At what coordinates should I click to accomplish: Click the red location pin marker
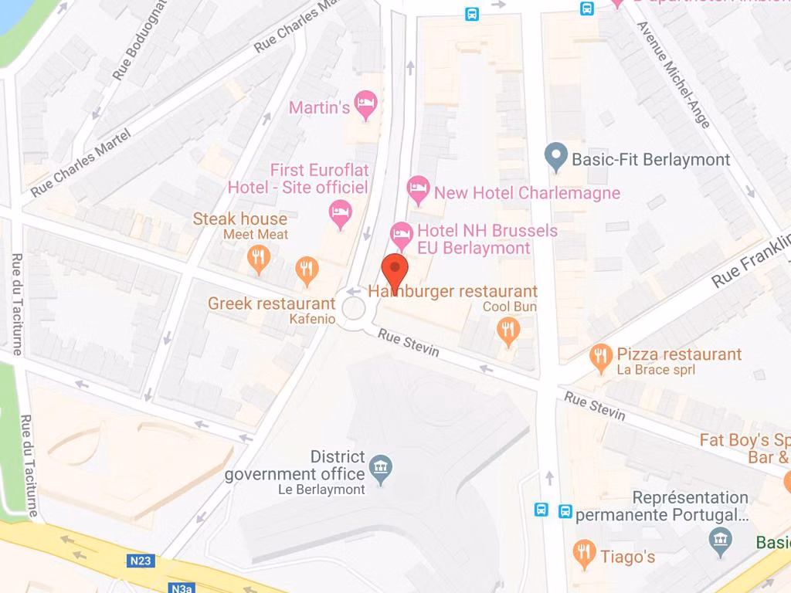coord(395,271)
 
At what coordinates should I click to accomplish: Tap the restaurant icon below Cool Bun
coord(508,330)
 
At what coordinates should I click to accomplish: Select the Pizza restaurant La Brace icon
coord(600,357)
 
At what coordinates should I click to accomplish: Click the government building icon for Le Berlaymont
coord(380,467)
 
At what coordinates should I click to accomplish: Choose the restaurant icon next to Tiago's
coord(584,553)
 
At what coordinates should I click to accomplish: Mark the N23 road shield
coord(139,561)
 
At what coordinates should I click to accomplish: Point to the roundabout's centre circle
coord(354,309)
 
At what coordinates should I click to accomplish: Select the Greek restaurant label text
coord(271,303)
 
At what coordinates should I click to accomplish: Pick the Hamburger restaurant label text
coord(453,291)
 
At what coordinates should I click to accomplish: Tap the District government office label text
coord(294,466)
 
